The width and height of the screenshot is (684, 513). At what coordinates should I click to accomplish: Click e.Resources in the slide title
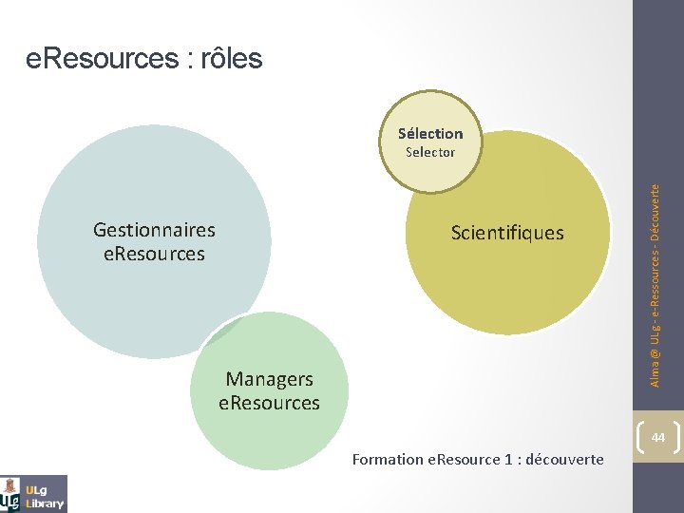point(100,59)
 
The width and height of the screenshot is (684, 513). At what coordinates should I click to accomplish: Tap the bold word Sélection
point(430,134)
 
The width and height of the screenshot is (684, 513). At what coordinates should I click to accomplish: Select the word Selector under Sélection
point(430,152)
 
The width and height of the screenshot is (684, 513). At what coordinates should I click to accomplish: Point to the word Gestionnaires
point(154,230)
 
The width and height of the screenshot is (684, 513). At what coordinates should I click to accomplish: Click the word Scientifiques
point(507,233)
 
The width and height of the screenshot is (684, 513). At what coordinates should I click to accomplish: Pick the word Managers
point(269,379)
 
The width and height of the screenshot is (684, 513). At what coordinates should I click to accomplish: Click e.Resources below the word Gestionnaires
point(154,254)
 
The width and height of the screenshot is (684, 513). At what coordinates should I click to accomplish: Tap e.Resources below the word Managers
point(269,403)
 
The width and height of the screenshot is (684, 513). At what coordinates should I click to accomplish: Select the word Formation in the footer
point(388,460)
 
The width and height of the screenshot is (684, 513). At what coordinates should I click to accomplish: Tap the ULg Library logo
point(34,494)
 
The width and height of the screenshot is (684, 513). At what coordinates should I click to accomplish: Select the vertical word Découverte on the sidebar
point(655,218)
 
